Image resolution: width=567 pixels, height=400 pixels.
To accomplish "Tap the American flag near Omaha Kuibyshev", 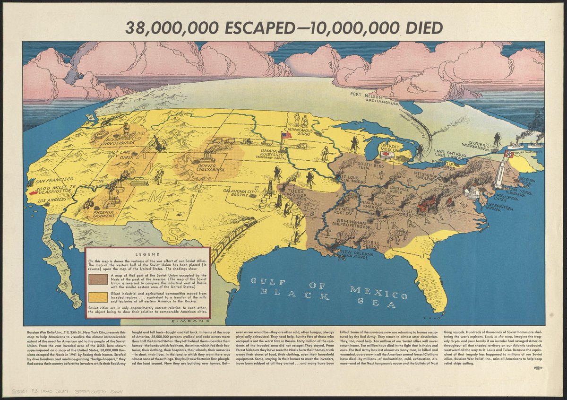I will (x=285, y=136).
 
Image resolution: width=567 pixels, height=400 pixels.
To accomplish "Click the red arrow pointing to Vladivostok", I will (x=34, y=193).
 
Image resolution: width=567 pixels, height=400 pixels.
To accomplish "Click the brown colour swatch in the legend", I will (x=97, y=281).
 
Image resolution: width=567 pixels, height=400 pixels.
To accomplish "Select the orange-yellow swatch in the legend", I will (x=97, y=298).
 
